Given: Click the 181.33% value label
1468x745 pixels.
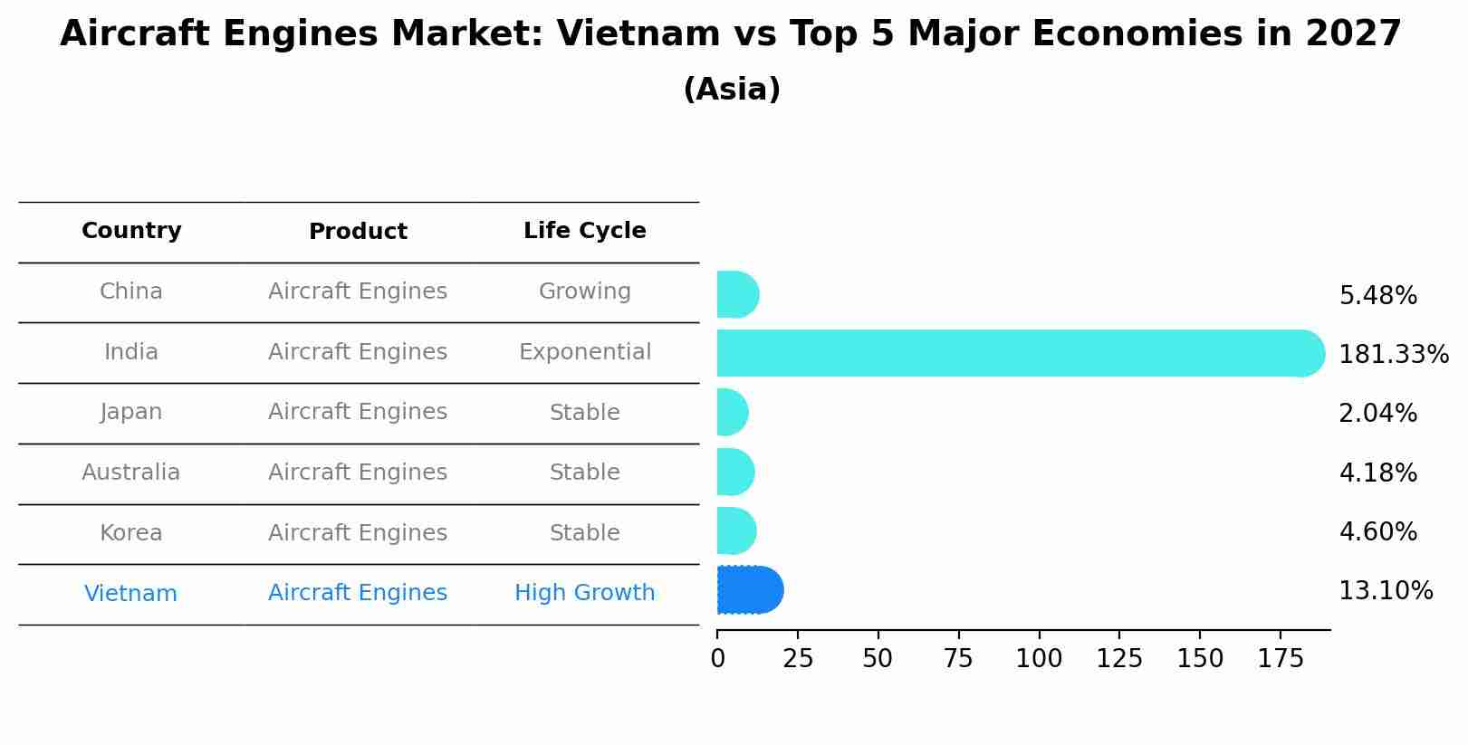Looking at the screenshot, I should coord(1393,355).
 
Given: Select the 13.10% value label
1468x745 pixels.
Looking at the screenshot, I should coord(1386,591).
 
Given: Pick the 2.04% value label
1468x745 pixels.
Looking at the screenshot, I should coord(1377,414).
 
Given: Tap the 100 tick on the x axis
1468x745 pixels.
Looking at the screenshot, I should coord(1039,659).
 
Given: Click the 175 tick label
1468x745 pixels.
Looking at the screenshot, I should coord(1281,659).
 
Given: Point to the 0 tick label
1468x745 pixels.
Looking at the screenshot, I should coord(718,659).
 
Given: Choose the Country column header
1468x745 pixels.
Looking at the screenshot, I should coord(131,231).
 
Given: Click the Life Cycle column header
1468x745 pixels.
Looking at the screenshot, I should coord(584,231).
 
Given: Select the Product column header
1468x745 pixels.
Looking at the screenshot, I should coord(358,232).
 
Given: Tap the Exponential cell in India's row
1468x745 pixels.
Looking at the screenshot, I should coord(584,352).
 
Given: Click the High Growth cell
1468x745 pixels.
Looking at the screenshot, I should coord(584,593).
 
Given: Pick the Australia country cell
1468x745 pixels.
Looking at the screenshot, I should coord(131,473).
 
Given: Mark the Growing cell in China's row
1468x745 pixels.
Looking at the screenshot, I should coord(584,291).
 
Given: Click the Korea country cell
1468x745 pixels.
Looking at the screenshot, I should coord(131,533).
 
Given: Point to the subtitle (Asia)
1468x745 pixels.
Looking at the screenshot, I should coord(732,90).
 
